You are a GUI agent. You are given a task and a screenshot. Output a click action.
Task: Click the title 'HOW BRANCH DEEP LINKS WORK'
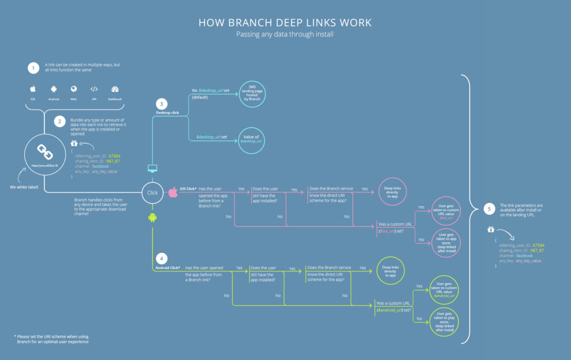[x=285, y=23]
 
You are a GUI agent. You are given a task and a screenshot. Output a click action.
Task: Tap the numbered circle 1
[x=34, y=68]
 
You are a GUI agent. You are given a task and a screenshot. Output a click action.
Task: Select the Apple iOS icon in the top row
[x=33, y=89]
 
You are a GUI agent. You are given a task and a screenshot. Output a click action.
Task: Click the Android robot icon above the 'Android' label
[x=54, y=89]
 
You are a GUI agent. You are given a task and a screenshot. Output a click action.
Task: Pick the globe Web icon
[x=74, y=89]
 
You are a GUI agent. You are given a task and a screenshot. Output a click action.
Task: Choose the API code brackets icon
[x=94, y=89]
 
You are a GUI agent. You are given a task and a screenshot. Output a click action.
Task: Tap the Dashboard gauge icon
[x=115, y=89]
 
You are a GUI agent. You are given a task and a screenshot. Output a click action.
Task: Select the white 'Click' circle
[x=152, y=192]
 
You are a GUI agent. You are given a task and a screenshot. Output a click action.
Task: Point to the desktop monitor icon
[x=152, y=168]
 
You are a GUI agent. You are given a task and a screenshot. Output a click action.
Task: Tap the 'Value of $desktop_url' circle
[x=251, y=139]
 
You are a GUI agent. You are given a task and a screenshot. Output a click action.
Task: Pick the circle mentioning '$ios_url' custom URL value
[x=446, y=211]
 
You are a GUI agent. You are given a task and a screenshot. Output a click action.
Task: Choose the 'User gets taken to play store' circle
[x=445, y=321]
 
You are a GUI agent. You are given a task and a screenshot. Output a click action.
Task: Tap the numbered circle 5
[x=489, y=210]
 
